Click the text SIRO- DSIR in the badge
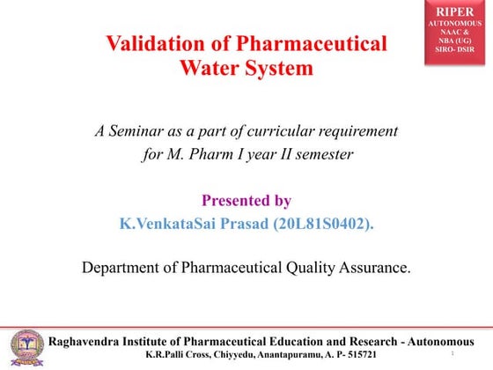click(x=457, y=51)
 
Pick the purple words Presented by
click(x=246, y=200)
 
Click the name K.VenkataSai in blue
click(x=161, y=224)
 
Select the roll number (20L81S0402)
click(x=320, y=224)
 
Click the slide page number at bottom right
click(x=452, y=354)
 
